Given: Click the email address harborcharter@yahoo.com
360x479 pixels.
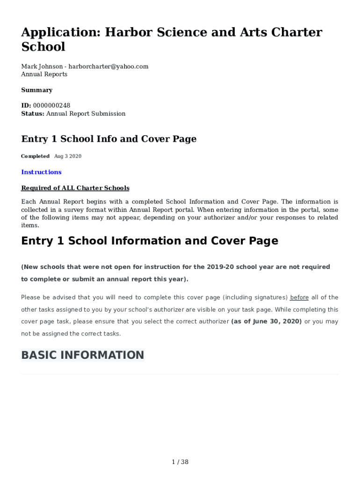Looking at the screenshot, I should point(108,66).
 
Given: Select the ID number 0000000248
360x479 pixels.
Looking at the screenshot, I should point(51,106).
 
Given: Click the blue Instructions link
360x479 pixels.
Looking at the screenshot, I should point(41,172).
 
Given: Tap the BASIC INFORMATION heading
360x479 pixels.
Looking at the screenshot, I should point(83,355).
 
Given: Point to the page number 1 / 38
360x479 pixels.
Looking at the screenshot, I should point(180,462).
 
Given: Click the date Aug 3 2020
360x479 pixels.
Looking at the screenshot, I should point(68,156).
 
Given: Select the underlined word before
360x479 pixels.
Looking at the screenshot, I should point(300,298).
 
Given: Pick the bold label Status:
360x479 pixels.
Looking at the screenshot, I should point(33,114).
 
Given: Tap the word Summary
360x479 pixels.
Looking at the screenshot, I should point(37,90).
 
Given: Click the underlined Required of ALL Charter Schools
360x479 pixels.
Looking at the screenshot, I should point(75,188).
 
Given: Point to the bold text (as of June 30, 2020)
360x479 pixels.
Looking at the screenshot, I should point(266,322).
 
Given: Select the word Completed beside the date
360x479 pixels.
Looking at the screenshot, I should point(35,156).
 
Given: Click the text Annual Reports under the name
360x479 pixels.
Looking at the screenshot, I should point(44,74).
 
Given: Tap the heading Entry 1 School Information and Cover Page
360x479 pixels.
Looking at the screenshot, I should point(150,241).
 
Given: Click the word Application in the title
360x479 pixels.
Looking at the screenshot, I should point(60,32).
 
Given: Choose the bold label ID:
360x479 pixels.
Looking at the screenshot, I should point(26,106).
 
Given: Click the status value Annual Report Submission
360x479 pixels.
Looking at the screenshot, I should point(86,114).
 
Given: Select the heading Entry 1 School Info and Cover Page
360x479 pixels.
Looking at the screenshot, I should point(109,139).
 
